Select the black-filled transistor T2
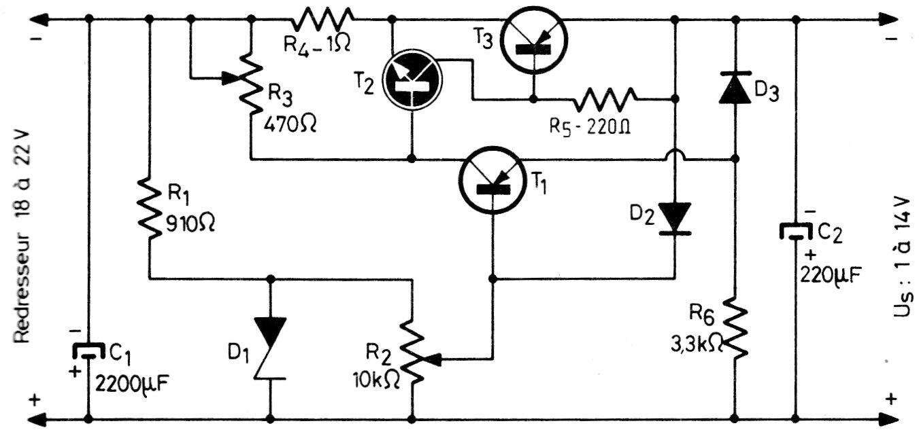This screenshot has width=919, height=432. point(412,79)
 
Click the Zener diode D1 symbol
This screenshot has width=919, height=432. point(270,346)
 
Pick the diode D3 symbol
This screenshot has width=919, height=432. point(735,88)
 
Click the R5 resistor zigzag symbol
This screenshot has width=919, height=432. point(605,99)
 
